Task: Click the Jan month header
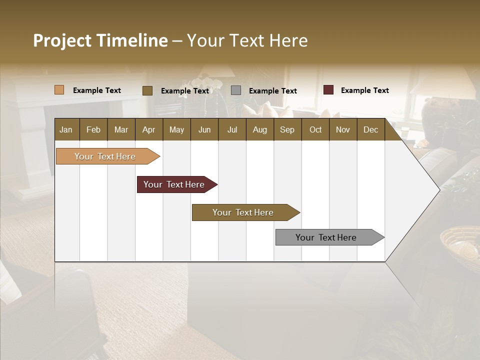tap(66, 129)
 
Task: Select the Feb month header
tap(93, 129)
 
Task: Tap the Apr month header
tap(148, 129)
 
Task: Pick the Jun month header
tap(204, 129)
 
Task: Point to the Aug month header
tap(259, 129)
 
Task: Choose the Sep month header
tap(287, 129)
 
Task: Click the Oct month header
tap(315, 129)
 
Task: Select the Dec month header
tap(370, 129)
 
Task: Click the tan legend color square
tap(59, 90)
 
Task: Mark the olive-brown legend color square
tap(147, 90)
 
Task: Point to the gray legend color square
tap(236, 90)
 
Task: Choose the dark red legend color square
tap(328, 90)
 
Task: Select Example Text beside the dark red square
tap(364, 90)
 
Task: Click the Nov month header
tap(342, 129)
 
